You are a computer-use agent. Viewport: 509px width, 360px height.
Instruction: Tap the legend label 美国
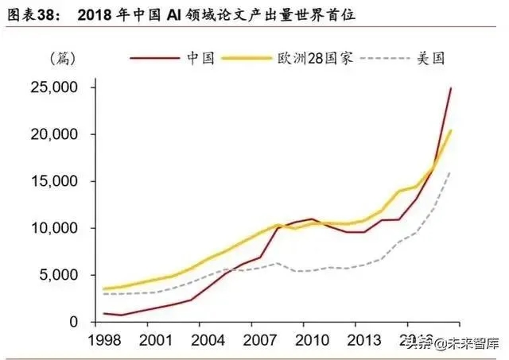click(x=430, y=58)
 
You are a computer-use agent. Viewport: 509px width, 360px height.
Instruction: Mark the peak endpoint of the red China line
click(x=451, y=88)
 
